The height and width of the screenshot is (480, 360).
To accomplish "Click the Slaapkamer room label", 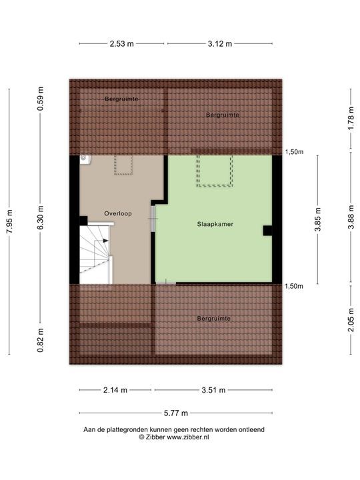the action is (x=215, y=224).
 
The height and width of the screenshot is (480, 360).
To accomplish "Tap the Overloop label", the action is (x=118, y=213).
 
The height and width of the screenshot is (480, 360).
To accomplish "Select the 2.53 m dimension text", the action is (x=122, y=44).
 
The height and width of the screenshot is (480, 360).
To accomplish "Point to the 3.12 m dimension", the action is (x=220, y=44).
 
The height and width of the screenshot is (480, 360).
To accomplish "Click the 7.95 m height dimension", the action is (x=9, y=221).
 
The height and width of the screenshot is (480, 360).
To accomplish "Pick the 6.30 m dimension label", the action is (x=40, y=217).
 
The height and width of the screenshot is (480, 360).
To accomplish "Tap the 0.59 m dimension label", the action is (x=40, y=99).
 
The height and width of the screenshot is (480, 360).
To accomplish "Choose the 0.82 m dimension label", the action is (x=40, y=340).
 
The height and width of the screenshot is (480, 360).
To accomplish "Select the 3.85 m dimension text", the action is (x=318, y=220).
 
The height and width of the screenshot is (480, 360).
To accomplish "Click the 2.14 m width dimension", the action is (x=115, y=390).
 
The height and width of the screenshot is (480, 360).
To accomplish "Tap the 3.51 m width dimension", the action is (x=214, y=390).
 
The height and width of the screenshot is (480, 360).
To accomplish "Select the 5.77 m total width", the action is (x=176, y=413).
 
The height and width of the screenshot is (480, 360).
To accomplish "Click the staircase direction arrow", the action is (x=106, y=241).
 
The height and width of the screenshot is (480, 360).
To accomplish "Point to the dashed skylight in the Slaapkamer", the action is (x=215, y=171).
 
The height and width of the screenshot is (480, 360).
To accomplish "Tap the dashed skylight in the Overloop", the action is (x=124, y=165).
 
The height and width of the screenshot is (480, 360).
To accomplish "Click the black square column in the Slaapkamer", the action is (x=267, y=231).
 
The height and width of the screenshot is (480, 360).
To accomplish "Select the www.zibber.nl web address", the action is (x=188, y=437).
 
